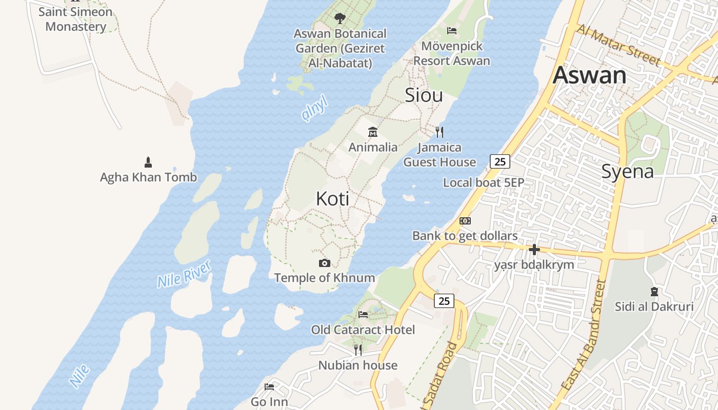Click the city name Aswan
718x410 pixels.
(589, 75)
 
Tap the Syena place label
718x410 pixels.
(627, 171)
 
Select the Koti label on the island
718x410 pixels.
(333, 198)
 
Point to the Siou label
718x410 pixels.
(424, 95)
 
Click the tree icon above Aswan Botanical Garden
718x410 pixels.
(340, 19)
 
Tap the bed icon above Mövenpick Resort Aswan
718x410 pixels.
(452, 31)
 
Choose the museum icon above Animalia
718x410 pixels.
(373, 132)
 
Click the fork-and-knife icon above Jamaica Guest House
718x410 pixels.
(440, 132)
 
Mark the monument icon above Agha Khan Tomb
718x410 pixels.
(148, 162)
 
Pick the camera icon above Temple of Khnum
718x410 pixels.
(324, 263)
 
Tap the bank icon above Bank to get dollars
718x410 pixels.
(465, 221)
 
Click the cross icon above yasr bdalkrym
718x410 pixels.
(534, 250)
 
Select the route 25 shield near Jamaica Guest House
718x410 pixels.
(500, 161)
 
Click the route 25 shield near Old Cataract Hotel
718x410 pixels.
(444, 301)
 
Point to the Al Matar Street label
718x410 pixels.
(618, 45)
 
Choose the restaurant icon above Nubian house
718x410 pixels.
(358, 350)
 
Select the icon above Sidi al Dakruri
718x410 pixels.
(654, 292)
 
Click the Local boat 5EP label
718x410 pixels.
(483, 182)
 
